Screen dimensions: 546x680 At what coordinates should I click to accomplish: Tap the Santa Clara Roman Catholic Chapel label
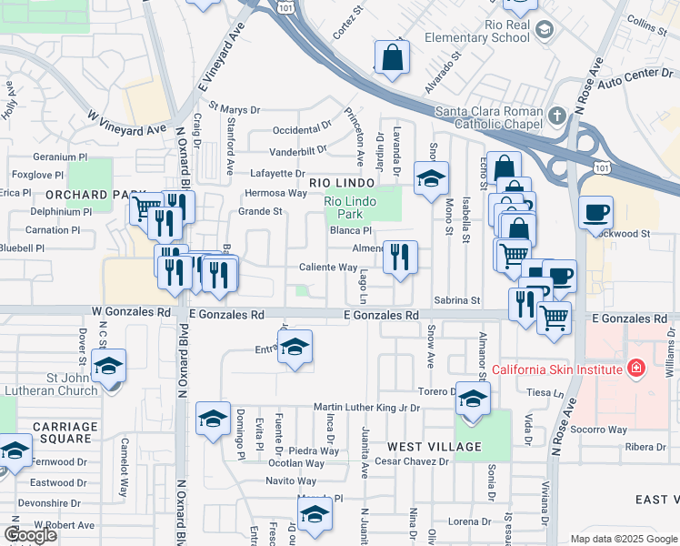tap(488, 117)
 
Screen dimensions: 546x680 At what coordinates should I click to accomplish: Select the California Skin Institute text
tap(556, 369)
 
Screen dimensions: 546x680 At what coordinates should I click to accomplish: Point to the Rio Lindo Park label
tap(351, 206)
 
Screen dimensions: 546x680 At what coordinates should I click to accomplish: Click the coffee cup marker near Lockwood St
tap(595, 213)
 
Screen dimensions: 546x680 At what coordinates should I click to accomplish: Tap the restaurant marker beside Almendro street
tap(400, 258)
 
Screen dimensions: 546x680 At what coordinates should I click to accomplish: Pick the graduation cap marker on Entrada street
tap(295, 347)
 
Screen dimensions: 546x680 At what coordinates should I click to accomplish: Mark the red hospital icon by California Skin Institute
tap(636, 369)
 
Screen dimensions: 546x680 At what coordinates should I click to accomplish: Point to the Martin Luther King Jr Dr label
tap(366, 408)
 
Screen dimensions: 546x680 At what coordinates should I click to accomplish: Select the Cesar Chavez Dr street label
tap(412, 461)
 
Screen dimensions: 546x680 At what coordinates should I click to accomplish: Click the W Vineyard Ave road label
tap(128, 116)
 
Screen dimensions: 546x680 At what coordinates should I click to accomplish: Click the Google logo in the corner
tap(31, 535)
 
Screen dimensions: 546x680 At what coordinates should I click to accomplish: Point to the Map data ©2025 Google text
tap(624, 539)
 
